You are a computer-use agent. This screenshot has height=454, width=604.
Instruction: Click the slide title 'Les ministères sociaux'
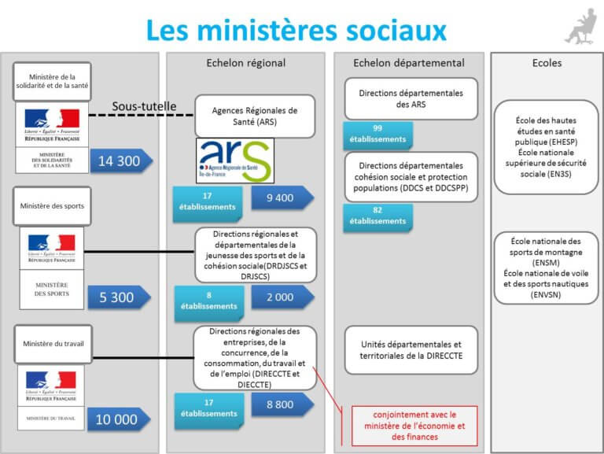point(296,30)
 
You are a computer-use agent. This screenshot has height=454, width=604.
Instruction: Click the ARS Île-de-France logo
point(234,161)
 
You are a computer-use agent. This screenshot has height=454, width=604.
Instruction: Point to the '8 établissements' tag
point(208,301)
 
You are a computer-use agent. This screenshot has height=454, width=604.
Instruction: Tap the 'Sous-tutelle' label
point(144,106)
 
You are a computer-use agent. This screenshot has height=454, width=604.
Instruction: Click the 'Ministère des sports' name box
point(53,206)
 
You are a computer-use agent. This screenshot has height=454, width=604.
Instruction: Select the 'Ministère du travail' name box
point(53,343)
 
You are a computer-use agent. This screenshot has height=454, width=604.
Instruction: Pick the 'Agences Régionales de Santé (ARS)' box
point(255,116)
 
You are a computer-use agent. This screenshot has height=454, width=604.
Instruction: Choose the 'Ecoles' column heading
point(547,63)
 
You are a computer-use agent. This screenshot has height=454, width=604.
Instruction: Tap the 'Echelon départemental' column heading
point(409,63)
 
